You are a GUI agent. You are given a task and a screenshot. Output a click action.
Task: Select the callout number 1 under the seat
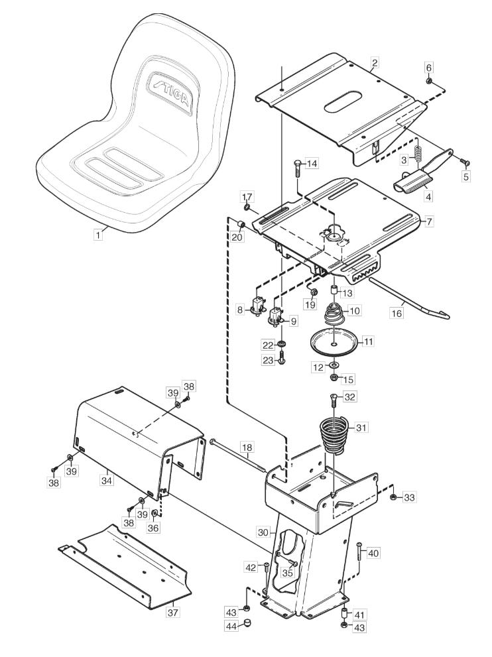point(98,235)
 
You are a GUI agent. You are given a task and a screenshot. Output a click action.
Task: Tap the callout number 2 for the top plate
point(375,63)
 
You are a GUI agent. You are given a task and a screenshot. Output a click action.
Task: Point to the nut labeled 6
point(429,80)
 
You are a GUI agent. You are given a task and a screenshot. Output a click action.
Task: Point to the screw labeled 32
point(333,400)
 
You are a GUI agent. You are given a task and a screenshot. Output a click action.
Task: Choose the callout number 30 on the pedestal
point(263,532)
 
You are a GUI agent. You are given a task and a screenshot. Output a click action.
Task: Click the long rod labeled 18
point(237,454)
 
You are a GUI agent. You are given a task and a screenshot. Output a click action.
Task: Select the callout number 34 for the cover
point(107,480)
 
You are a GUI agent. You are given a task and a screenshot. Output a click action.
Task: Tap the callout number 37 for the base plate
point(172,612)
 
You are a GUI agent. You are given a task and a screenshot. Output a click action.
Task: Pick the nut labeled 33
point(393,497)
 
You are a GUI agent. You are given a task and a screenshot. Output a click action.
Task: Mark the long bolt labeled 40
point(359,553)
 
